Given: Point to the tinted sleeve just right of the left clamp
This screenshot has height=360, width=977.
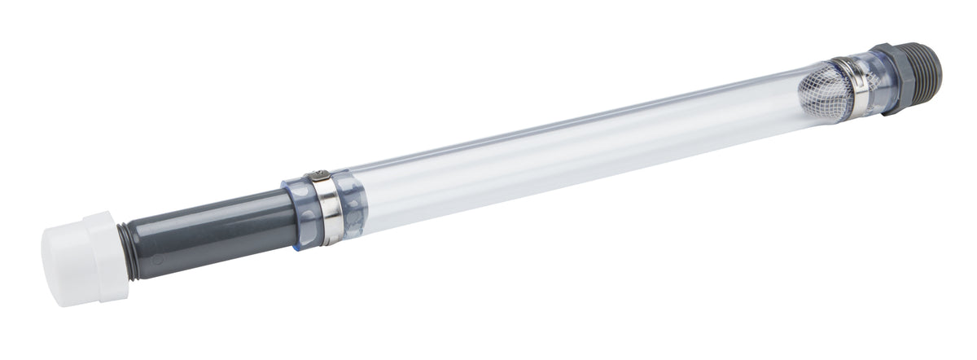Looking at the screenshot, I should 352,201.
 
